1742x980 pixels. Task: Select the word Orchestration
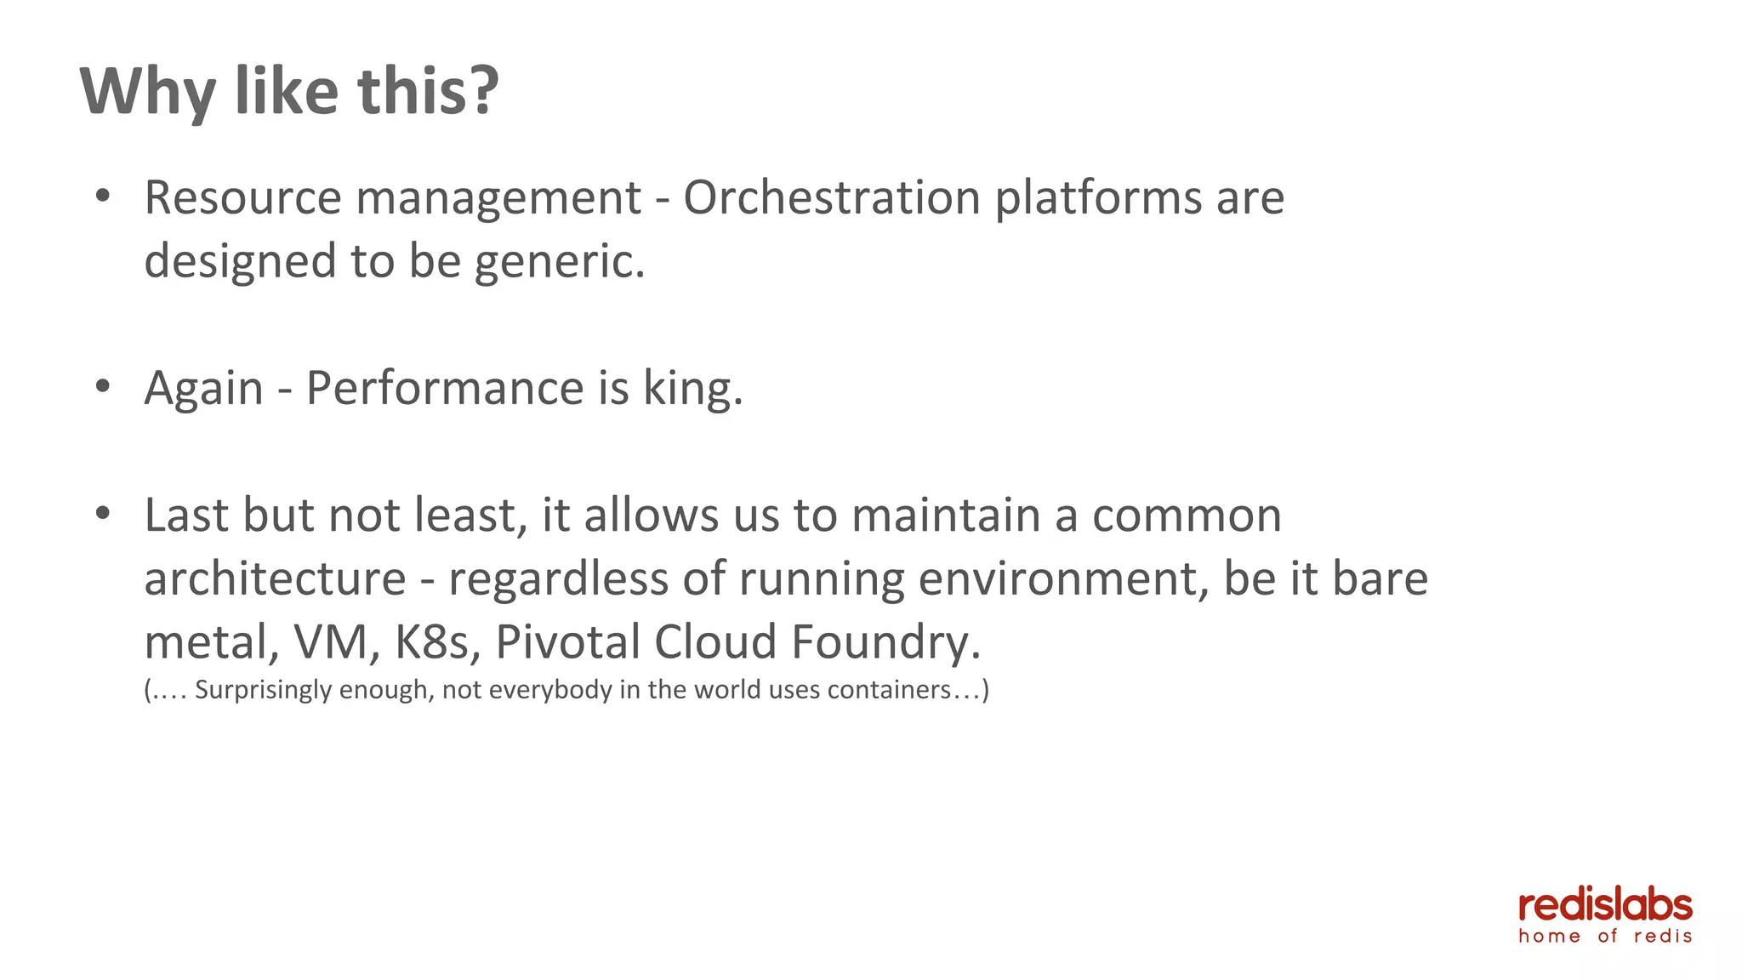pos(832,198)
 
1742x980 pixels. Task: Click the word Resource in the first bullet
pos(242,198)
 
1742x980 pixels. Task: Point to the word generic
pos(559,262)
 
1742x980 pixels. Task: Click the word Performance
pos(444,389)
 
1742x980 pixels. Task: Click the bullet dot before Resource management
pos(103,197)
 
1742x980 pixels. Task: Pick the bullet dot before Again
pos(103,387)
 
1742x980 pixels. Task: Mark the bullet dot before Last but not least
pos(103,514)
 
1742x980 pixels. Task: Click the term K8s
pos(431,642)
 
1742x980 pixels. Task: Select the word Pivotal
pos(567,642)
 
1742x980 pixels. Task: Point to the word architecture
pos(275,579)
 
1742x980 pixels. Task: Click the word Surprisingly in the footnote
pos(263,690)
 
